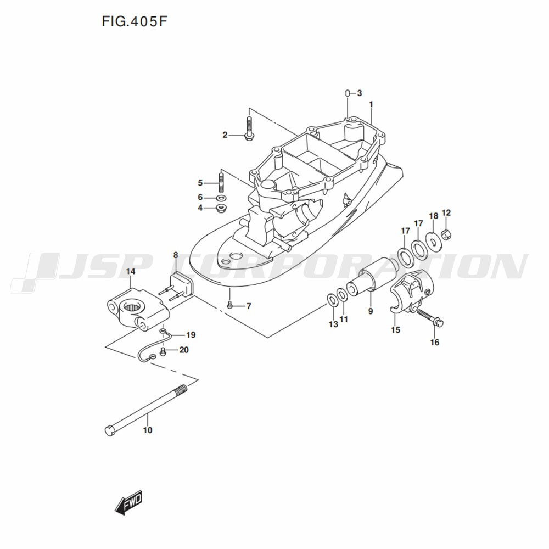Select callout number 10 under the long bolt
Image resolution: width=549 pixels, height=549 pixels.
(x=147, y=430)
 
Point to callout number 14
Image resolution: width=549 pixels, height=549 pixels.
(x=131, y=271)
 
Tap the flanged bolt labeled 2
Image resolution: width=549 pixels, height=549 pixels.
(x=248, y=130)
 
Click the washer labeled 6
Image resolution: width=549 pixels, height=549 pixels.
(x=221, y=197)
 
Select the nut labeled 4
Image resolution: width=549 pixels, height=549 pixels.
(x=222, y=208)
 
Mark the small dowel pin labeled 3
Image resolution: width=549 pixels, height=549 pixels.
(x=348, y=93)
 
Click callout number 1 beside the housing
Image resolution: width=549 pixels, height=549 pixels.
(x=371, y=104)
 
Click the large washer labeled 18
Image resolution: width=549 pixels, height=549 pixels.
(x=433, y=239)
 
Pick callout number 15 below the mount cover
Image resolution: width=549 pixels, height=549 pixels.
(x=395, y=330)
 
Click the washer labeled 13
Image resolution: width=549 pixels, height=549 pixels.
(x=332, y=300)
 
